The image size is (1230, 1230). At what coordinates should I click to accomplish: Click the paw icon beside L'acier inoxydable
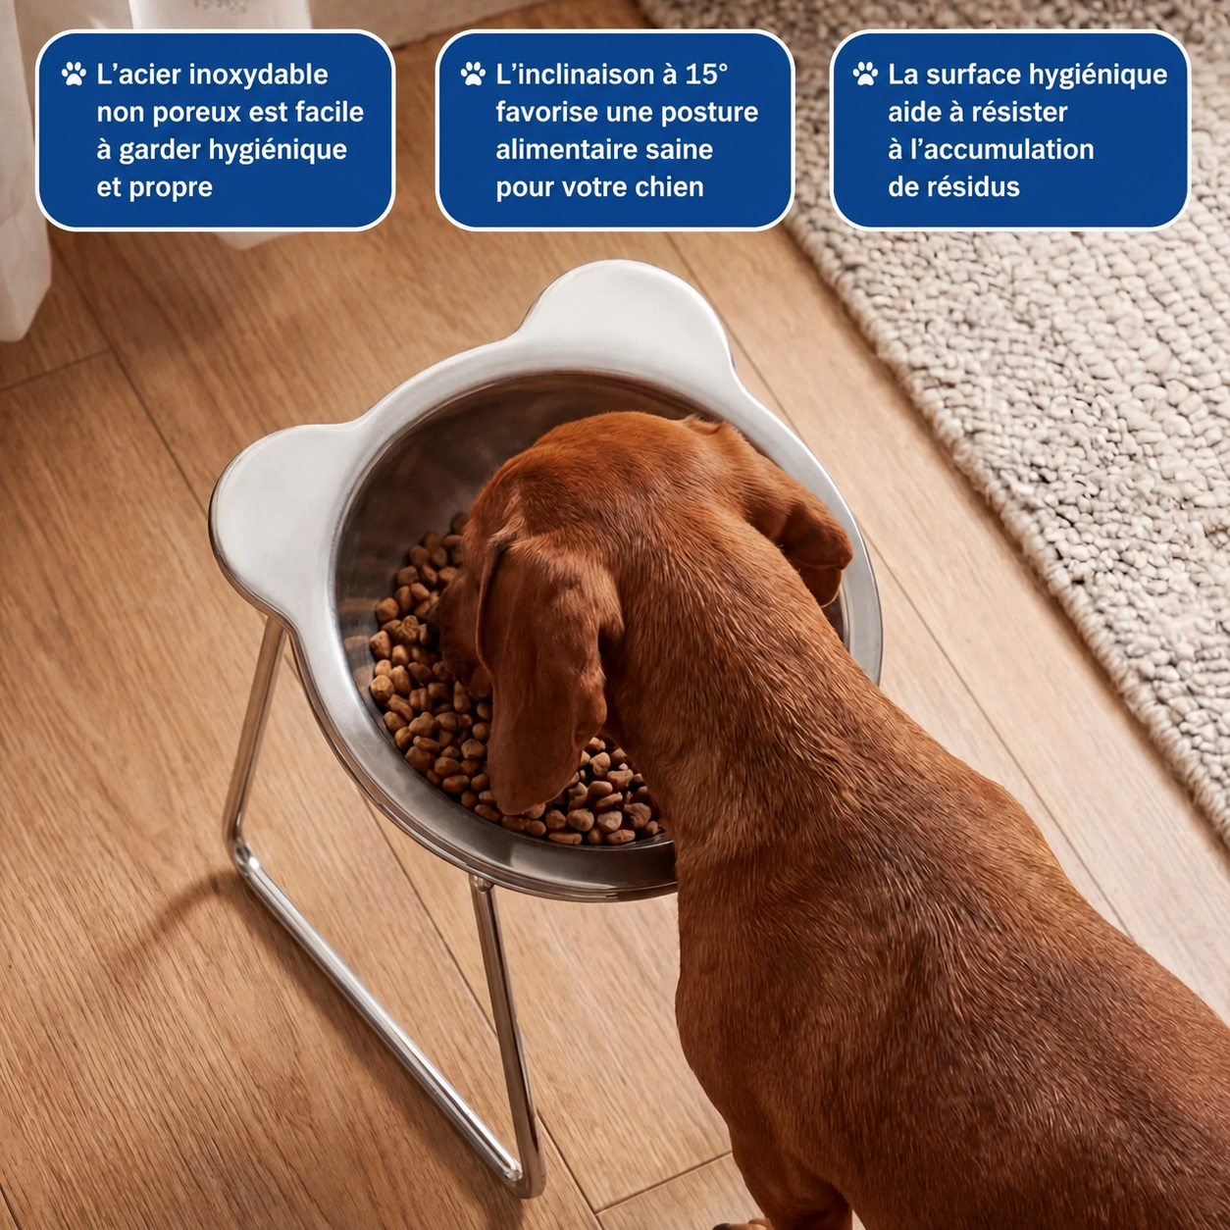click(x=74, y=74)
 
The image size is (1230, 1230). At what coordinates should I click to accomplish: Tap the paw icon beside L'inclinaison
click(x=473, y=74)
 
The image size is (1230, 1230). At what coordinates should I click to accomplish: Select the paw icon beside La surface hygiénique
click(x=865, y=74)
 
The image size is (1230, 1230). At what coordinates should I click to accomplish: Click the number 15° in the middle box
click(x=706, y=75)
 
